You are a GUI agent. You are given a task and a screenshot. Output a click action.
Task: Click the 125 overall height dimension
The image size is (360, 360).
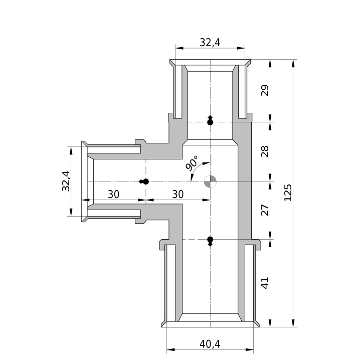[288, 193]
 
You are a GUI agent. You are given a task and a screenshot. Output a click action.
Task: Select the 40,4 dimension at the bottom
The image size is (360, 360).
[210, 344]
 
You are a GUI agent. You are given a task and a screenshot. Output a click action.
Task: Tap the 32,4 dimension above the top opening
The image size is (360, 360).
[210, 43]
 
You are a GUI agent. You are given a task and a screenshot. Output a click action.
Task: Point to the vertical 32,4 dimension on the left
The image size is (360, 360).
[66, 181]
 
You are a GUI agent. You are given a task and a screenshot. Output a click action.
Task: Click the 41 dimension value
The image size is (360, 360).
[265, 283]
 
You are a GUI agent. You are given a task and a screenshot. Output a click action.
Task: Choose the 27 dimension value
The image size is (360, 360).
[265, 210]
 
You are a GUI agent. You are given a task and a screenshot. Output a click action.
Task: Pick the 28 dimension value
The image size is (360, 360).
[265, 151]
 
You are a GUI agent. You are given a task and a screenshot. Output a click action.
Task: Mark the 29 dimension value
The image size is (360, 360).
[265, 90]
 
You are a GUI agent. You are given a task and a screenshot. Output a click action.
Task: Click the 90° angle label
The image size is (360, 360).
[192, 163]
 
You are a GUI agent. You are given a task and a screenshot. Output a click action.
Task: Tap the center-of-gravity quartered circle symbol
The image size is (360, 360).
[210, 182]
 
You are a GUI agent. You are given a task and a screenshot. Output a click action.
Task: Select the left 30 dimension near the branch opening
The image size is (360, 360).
[114, 195]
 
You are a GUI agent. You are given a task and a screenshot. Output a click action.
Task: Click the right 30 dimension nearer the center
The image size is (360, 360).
[178, 195]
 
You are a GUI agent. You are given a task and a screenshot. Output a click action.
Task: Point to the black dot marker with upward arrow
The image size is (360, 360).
[210, 120]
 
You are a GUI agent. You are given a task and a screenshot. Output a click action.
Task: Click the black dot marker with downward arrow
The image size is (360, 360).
[210, 241]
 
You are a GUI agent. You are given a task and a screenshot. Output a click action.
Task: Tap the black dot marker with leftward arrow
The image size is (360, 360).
[144, 182]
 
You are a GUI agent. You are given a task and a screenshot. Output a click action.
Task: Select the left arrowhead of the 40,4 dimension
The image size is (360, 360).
[171, 349]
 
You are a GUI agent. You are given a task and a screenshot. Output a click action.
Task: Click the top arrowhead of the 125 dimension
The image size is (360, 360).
[293, 64]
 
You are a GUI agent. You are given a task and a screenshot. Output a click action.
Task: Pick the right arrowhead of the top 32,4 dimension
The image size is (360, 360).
[241, 48]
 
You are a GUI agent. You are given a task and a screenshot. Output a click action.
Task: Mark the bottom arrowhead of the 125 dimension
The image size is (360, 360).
[293, 323]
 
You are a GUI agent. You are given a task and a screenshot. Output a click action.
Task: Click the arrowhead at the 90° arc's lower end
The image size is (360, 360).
[191, 177]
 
